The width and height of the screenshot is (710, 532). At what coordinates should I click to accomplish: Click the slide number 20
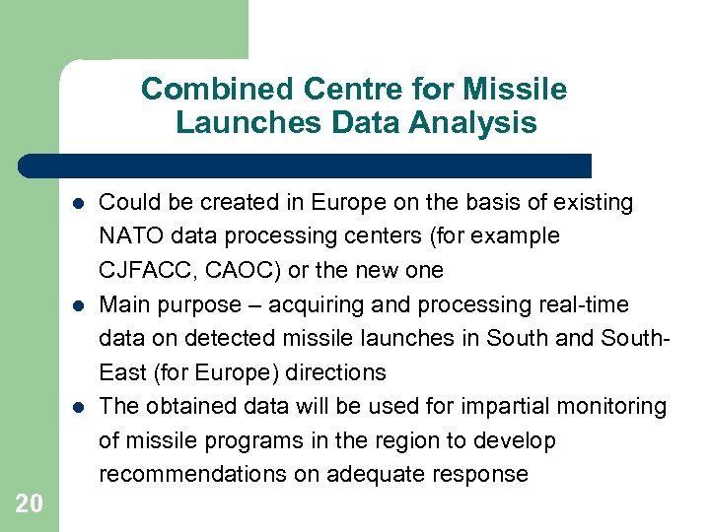tap(29, 503)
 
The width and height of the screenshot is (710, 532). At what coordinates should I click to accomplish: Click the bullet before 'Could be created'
tap(75, 204)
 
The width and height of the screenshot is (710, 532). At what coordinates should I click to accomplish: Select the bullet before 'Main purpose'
tap(75, 305)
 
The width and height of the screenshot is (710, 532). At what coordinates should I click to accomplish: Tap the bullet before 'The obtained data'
tap(75, 407)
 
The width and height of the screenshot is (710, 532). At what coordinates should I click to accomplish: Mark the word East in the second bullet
tap(121, 372)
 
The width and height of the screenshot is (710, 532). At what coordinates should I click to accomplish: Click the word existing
tap(595, 203)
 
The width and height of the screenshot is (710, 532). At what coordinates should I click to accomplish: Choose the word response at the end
tap(482, 474)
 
